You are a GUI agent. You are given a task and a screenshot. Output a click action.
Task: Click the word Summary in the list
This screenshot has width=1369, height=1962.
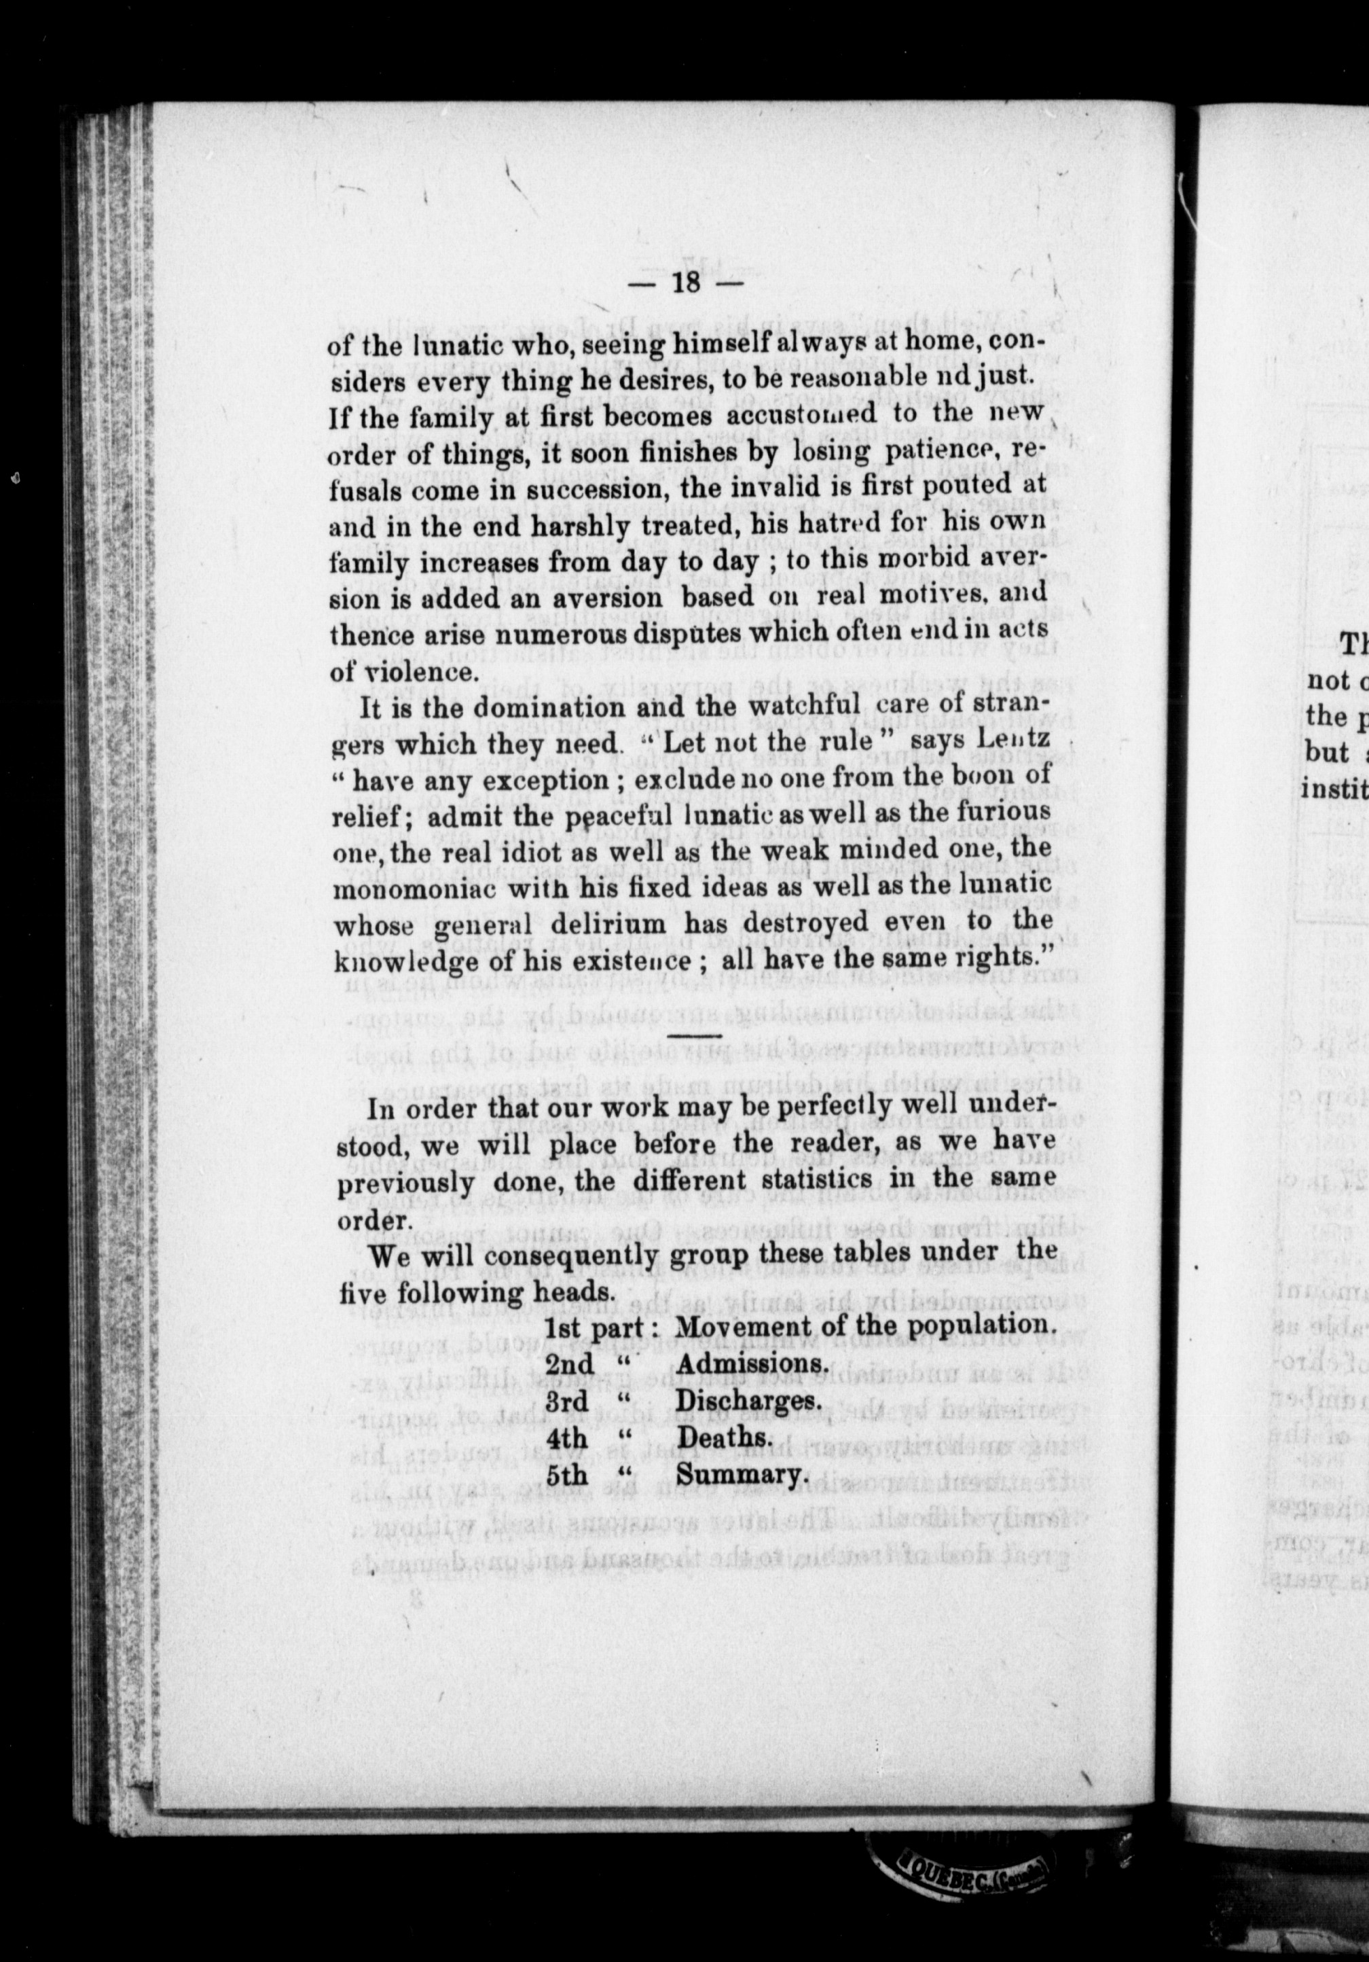tap(740, 1476)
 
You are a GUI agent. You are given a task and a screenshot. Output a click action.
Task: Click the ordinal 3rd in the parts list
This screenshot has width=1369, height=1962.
tap(568, 1402)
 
